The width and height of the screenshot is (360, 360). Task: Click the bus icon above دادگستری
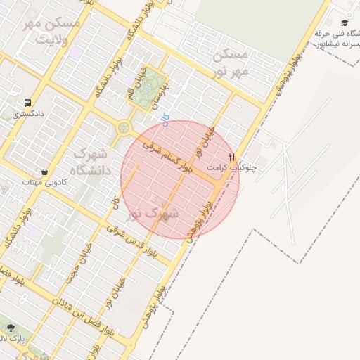click(x=27, y=102)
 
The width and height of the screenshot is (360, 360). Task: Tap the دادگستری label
click(x=28, y=113)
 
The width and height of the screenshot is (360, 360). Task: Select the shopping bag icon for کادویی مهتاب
click(x=45, y=172)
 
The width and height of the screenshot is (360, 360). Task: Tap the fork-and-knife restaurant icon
click(x=232, y=157)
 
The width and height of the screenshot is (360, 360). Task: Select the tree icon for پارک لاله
click(x=10, y=328)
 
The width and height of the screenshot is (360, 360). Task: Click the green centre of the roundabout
click(x=124, y=128)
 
